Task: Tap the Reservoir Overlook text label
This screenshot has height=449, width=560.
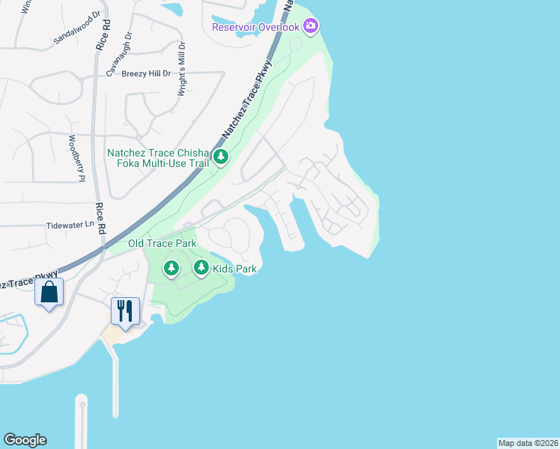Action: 255,27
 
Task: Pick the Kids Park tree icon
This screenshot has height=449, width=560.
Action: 201,267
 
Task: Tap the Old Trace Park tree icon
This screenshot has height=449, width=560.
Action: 171,267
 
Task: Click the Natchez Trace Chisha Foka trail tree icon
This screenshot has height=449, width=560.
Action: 221,157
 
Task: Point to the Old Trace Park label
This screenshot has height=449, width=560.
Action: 162,244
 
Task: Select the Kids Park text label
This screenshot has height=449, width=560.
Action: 234,268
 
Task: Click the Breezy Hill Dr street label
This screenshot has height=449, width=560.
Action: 146,73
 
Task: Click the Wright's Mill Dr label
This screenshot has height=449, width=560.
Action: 180,68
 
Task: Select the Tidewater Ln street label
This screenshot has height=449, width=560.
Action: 72,224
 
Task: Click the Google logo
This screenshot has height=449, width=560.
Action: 25,440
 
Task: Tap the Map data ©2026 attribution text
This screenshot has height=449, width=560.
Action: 528,443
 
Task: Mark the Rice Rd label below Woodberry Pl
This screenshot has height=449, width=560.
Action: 100,219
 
